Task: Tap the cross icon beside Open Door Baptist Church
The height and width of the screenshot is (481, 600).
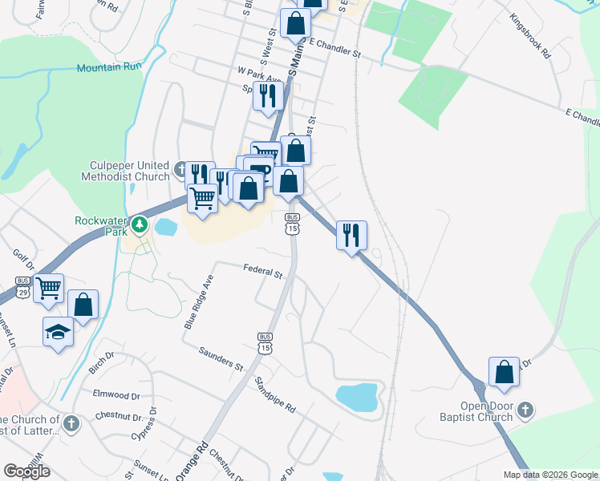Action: (525, 411)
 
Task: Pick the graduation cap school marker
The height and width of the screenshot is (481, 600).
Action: (58, 331)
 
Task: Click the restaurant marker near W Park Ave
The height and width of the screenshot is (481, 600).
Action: (268, 95)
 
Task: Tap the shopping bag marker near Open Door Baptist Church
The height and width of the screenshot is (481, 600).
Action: (504, 372)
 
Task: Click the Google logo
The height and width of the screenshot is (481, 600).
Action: (26, 471)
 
